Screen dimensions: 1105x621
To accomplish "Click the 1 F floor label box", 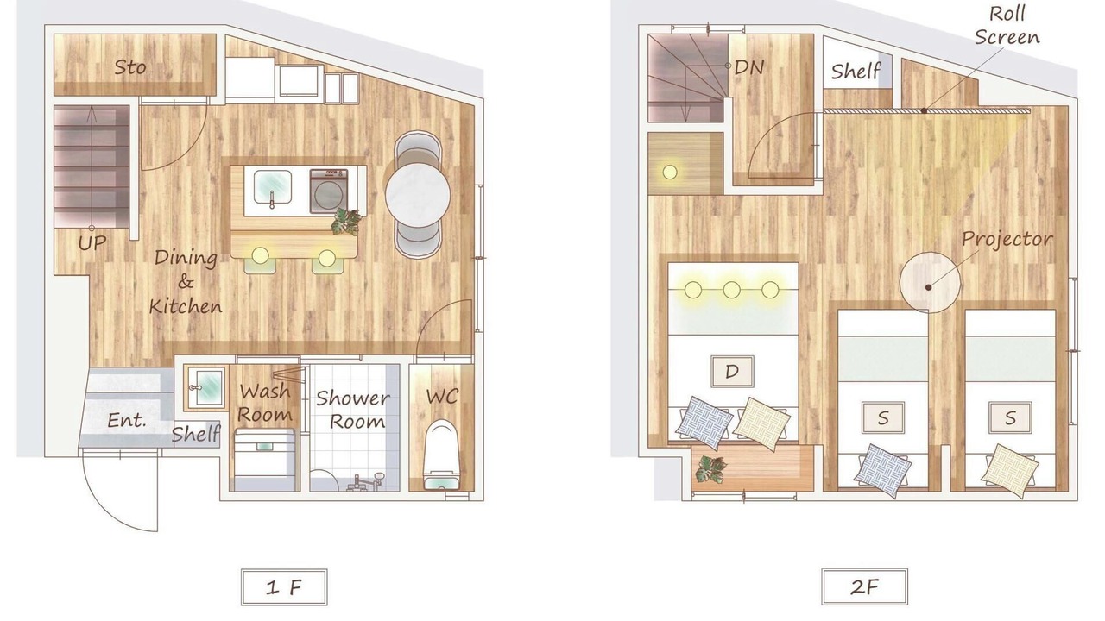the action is (284, 587).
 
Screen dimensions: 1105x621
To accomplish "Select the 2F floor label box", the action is (864, 586).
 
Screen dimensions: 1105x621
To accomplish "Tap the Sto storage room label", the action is (130, 67).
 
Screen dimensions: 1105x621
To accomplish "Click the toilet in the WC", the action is (442, 455).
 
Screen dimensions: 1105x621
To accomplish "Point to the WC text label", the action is (443, 396).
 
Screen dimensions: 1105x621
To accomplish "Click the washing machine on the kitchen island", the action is (329, 191).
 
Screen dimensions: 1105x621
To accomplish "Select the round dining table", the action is (418, 194).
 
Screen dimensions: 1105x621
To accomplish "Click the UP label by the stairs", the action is (92, 242).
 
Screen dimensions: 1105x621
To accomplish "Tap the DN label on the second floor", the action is (748, 67).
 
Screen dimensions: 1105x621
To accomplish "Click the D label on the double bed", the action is (732, 371).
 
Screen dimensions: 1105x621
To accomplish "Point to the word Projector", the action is (1007, 240).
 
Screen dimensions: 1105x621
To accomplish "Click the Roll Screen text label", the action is (1007, 26).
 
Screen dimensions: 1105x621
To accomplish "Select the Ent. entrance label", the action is (127, 420).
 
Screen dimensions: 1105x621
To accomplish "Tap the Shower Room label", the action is (353, 410).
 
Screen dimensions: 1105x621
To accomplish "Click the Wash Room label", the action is (265, 403).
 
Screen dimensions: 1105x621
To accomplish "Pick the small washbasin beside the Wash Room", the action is (205, 388).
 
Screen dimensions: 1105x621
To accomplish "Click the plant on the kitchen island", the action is (347, 223).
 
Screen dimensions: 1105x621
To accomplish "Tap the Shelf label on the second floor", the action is (856, 72).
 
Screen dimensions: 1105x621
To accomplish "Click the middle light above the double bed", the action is (731, 290).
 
